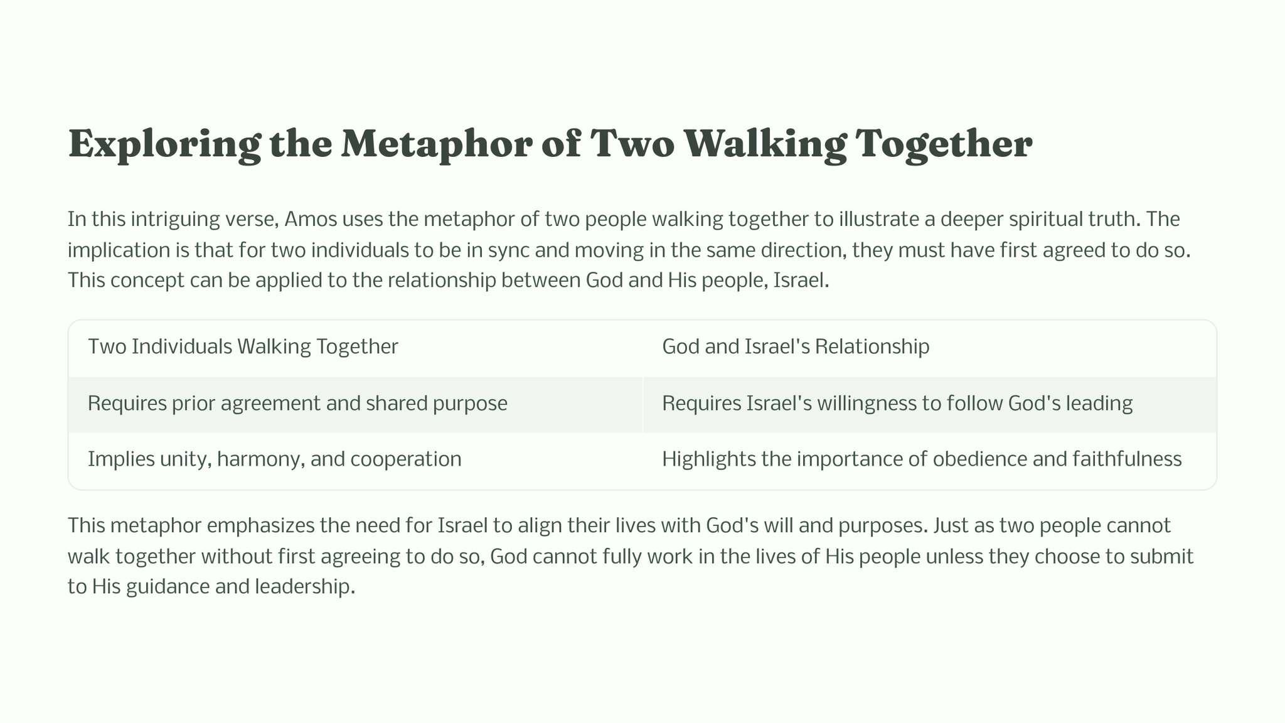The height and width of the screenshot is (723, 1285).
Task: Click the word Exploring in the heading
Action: pos(164,144)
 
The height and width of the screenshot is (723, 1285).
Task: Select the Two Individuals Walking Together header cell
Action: pos(243,346)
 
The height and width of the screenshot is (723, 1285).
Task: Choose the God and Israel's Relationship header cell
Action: pos(796,346)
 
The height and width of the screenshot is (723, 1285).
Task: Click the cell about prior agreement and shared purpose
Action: pos(297,404)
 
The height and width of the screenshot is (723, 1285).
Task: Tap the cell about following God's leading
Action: pos(897,404)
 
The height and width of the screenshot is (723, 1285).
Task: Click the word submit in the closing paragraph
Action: pos(1161,556)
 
